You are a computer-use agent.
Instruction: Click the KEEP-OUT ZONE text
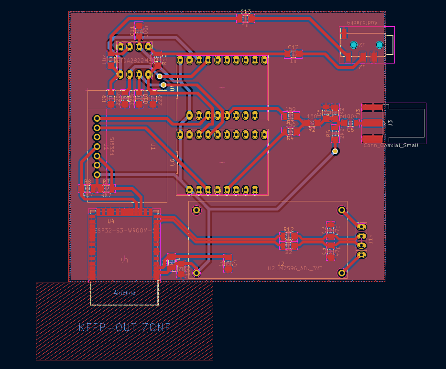pos(124,327)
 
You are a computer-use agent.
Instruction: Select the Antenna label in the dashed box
pos(124,293)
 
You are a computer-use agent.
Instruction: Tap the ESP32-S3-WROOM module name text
pos(124,231)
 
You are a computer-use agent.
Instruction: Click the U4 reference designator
pos(111,221)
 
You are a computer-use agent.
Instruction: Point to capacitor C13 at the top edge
pos(246,18)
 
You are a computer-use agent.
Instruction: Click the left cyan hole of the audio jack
pos(353,45)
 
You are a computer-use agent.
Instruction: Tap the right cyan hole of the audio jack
pos(380,45)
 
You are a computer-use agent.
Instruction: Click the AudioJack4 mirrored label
pos(362,22)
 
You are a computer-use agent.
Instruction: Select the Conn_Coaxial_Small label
pos(391,145)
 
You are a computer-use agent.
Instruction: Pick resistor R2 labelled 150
pos(312,123)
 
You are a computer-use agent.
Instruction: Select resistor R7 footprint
pos(106,189)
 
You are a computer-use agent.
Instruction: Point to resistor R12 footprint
pos(288,236)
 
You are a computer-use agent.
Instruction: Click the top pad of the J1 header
pos(361,227)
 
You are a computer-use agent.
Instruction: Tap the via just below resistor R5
pos(335,151)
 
